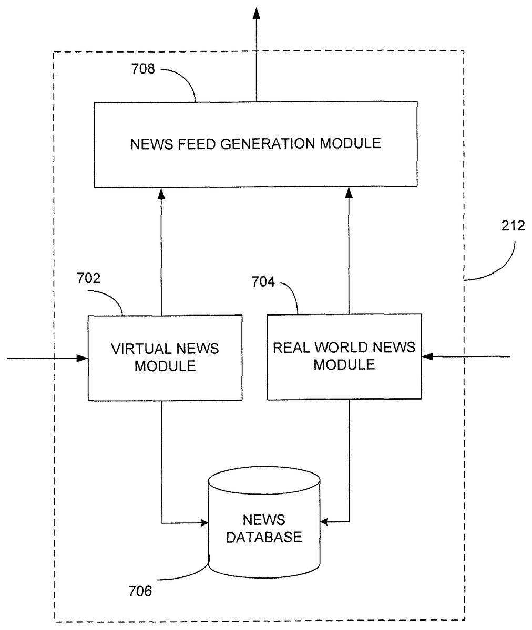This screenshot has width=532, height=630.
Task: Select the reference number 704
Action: click(x=263, y=282)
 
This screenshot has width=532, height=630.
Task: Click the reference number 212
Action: click(x=513, y=226)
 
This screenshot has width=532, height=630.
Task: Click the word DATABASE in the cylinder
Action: click(x=264, y=537)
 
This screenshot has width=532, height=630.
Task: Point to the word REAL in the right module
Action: click(x=291, y=347)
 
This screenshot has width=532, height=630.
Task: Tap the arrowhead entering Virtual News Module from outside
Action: click(x=82, y=358)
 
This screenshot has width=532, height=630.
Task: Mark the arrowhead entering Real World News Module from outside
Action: click(x=429, y=357)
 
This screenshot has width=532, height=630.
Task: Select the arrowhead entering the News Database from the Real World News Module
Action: click(x=325, y=522)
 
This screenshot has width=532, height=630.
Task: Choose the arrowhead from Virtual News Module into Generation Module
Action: click(x=161, y=194)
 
